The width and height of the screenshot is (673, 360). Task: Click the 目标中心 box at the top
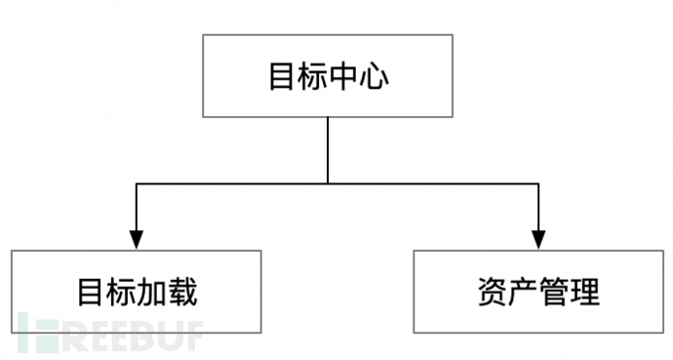click(x=328, y=76)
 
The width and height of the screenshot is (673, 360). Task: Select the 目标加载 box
click(x=138, y=292)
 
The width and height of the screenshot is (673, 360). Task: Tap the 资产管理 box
click(x=538, y=292)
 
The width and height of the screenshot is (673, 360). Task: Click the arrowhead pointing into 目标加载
click(x=137, y=239)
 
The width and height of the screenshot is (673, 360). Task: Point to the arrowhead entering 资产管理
click(x=538, y=239)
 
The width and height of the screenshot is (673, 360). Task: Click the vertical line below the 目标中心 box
click(x=328, y=150)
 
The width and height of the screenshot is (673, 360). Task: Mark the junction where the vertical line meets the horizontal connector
click(x=328, y=182)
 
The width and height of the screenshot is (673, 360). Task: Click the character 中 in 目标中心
click(x=343, y=77)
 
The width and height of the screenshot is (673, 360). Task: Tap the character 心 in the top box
click(x=375, y=77)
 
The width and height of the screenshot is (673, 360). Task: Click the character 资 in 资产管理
click(x=492, y=293)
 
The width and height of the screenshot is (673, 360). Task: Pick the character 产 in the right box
click(x=523, y=293)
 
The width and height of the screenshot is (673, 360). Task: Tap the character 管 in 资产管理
click(x=554, y=293)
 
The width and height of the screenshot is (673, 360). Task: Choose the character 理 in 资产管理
click(x=585, y=293)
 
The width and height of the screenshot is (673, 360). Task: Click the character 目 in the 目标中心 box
click(x=282, y=77)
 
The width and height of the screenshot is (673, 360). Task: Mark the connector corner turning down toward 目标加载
click(x=137, y=182)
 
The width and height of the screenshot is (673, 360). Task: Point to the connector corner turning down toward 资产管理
click(x=538, y=182)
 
